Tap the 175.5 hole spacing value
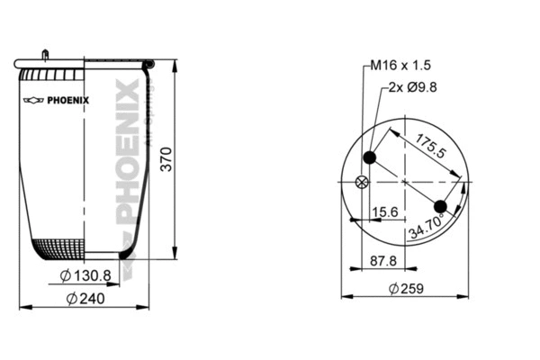tap(430, 146)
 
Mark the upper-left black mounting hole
tap(369, 158)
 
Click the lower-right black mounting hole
tap(440, 207)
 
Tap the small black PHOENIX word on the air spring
tap(69, 100)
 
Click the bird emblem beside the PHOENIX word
tap(33, 100)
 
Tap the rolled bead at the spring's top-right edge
tap(149, 64)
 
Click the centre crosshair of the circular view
tap(405, 183)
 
